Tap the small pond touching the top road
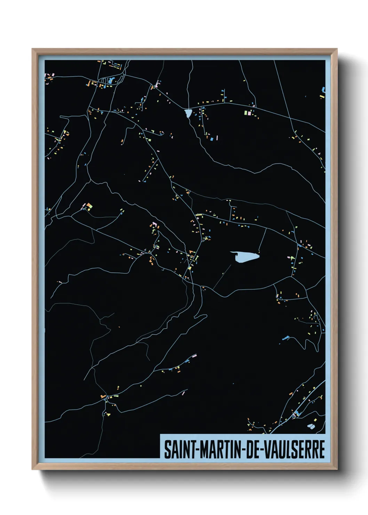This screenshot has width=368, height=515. coord(188,113)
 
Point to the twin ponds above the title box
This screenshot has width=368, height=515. coord(311,426)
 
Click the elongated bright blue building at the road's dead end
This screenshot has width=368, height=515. coord(286,338)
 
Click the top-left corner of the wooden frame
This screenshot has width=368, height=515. coord(32,49)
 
